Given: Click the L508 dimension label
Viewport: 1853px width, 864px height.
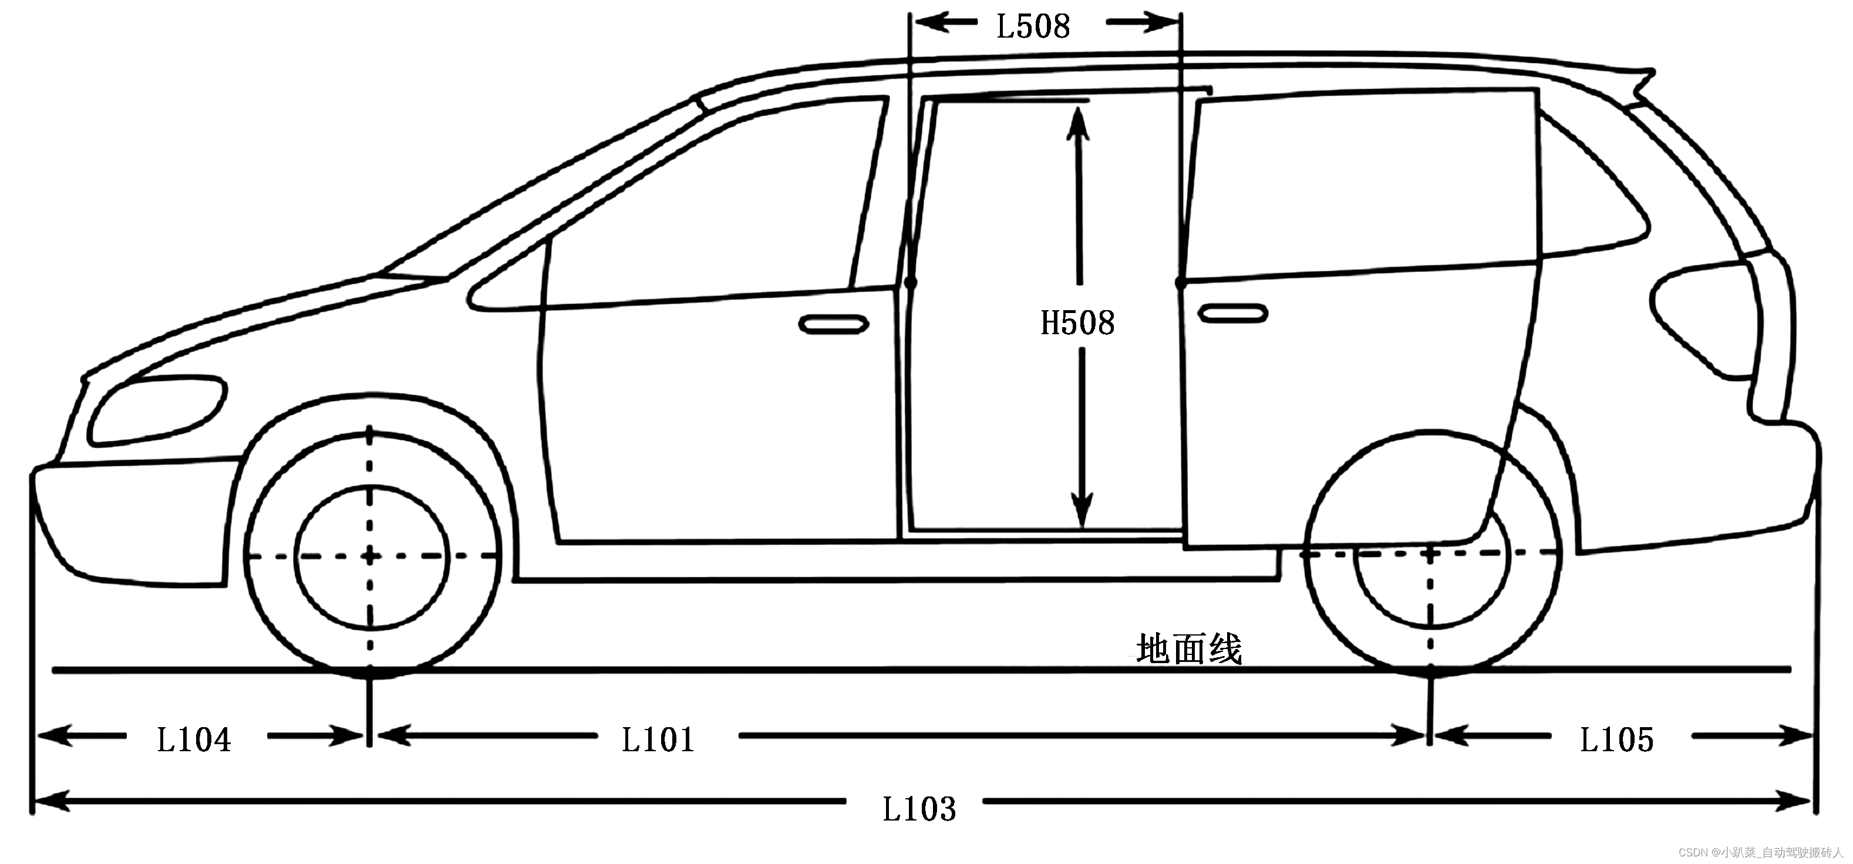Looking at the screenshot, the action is (1033, 26).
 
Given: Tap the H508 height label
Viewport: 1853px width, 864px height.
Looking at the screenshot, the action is (1077, 323).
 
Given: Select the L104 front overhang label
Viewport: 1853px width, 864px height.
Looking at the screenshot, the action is (194, 739).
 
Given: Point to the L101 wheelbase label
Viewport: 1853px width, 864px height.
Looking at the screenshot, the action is (658, 739).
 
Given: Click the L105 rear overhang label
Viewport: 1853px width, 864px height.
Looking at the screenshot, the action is (1616, 739).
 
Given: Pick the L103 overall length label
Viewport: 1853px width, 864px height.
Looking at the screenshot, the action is (919, 809).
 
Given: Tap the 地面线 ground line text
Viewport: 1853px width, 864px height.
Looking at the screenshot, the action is (1188, 650).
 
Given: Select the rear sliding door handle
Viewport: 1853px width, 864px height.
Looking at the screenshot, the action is (1232, 314).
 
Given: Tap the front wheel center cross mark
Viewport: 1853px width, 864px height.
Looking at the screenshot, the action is (370, 556).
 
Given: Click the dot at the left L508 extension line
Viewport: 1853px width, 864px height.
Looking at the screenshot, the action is (911, 283).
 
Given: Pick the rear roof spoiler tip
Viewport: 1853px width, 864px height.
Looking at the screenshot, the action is (1652, 73).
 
